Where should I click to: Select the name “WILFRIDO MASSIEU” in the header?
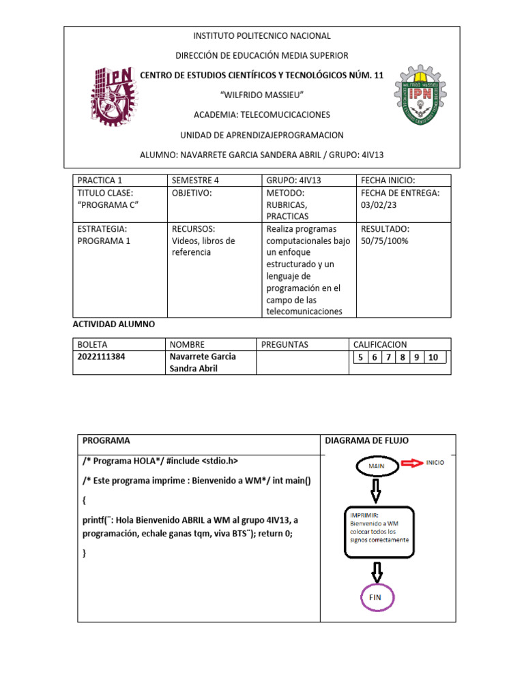pyautogui.click(x=262, y=93)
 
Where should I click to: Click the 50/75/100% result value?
pyautogui.click(x=385, y=241)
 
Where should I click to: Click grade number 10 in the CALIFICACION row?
pyautogui.click(x=433, y=357)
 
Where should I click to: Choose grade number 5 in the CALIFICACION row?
pyautogui.click(x=359, y=357)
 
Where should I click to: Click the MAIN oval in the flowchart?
pyautogui.click(x=377, y=466)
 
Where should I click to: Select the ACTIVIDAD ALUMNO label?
pyautogui.click(x=114, y=324)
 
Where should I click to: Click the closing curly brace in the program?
pyautogui.click(x=85, y=554)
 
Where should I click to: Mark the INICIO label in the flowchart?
pyautogui.click(x=435, y=462)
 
